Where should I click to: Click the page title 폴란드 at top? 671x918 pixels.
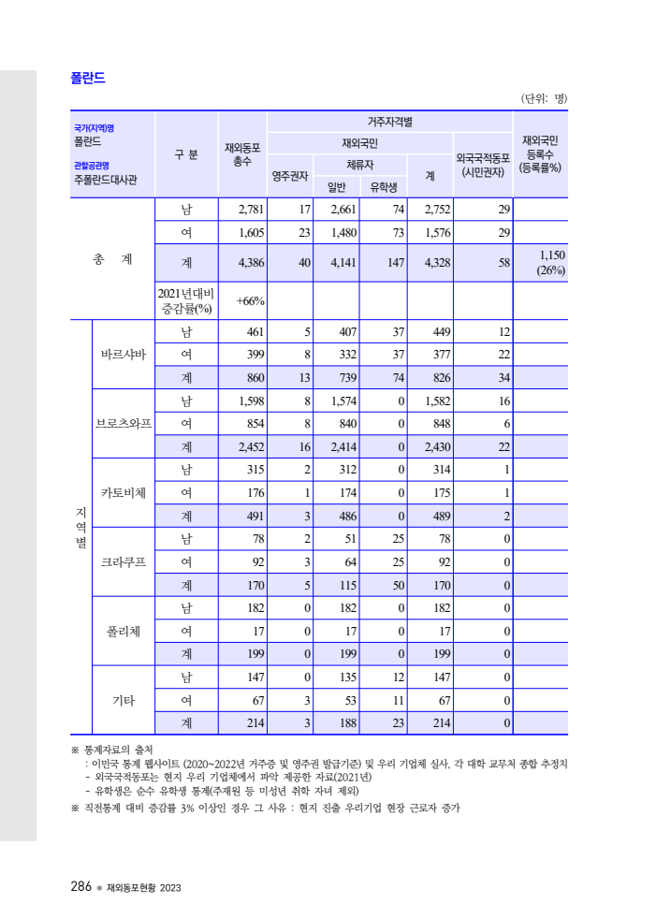click(87, 78)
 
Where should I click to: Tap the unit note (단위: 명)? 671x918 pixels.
click(544, 98)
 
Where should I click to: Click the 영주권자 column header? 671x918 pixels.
click(289, 175)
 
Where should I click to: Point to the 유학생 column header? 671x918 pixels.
click(383, 186)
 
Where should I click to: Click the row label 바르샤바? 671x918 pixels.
click(124, 355)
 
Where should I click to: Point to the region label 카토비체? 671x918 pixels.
click(124, 493)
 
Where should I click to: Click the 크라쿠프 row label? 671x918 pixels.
click(124, 562)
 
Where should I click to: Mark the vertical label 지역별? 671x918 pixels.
click(80, 527)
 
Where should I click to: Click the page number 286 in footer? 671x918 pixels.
click(80, 886)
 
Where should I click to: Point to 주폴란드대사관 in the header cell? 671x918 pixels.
click(105, 180)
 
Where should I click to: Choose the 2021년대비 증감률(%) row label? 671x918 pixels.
click(186, 300)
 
